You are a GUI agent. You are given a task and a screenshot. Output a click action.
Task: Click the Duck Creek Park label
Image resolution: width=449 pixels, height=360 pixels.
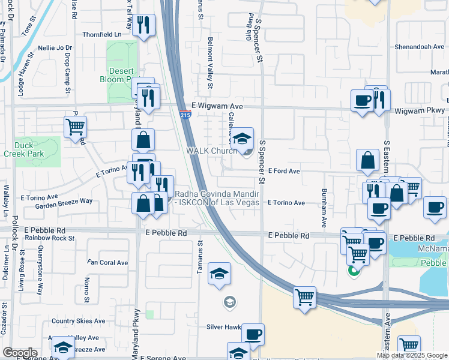pyautogui.click(x=38, y=149)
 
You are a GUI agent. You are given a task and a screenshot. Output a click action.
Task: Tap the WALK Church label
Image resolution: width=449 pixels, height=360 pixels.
pyautogui.click(x=212, y=151)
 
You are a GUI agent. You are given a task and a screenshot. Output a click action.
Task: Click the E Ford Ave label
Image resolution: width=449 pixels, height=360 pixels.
pyautogui.click(x=283, y=171)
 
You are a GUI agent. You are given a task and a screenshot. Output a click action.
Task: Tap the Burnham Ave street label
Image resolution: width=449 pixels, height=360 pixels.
pyautogui.click(x=324, y=211)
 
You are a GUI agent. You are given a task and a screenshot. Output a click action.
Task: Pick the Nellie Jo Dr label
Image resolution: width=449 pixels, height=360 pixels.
pyautogui.click(x=54, y=47)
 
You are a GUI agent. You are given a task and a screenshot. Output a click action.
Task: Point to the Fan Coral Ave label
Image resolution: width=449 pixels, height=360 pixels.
pyautogui.click(x=108, y=262)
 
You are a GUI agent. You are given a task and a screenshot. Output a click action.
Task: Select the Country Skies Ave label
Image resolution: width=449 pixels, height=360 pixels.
pyautogui.click(x=78, y=321)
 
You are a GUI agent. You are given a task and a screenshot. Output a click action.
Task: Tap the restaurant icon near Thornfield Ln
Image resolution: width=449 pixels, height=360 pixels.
pyautogui.click(x=143, y=25)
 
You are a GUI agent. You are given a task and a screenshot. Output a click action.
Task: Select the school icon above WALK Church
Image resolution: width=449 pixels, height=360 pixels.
pyautogui.click(x=242, y=139)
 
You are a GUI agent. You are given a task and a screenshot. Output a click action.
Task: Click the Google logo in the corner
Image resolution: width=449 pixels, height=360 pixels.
pyautogui.click(x=20, y=353)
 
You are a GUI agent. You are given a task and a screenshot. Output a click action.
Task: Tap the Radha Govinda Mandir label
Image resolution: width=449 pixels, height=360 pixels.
pyautogui.click(x=216, y=198)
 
